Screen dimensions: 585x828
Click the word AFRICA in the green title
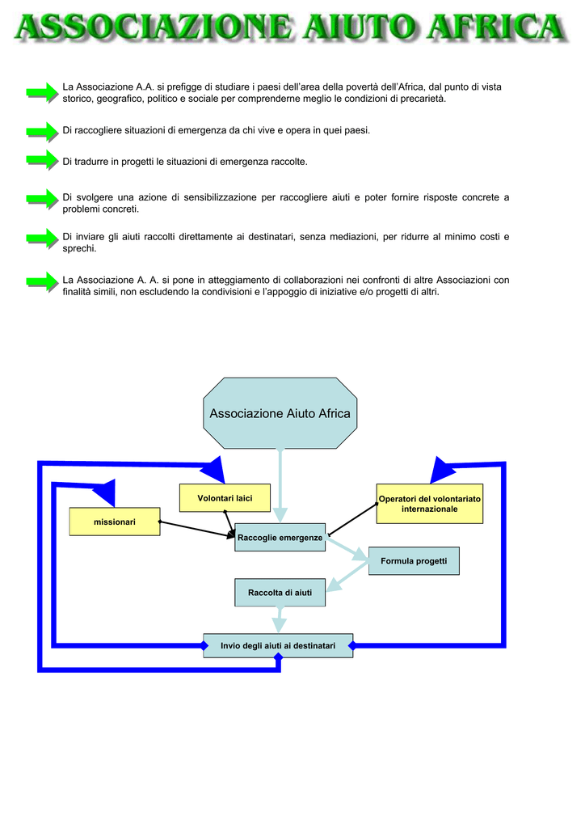click(x=497, y=27)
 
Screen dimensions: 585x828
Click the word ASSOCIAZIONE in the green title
click(x=154, y=27)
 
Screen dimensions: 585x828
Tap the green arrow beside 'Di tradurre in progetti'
click(x=42, y=160)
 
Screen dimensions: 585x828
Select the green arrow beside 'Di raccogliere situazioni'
click(x=42, y=132)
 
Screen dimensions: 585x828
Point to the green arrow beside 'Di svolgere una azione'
click(x=42, y=199)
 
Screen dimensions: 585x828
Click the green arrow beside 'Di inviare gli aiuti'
click(x=42, y=239)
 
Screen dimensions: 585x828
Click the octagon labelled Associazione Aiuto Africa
click(x=280, y=413)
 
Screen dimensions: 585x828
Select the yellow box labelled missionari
click(x=115, y=522)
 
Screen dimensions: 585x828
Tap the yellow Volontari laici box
click(x=225, y=498)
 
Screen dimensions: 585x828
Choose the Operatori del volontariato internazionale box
click(x=429, y=504)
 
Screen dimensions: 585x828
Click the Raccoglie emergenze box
click(x=280, y=538)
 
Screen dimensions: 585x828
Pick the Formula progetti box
click(x=414, y=561)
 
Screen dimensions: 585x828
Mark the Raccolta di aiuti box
click(x=280, y=593)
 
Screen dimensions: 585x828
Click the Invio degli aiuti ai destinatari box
click(x=278, y=646)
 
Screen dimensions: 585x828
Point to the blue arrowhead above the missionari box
click(x=106, y=492)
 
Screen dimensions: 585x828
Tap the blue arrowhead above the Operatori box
click(x=441, y=470)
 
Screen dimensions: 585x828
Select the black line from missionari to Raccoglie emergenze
click(x=197, y=530)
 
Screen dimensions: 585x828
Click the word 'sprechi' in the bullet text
click(x=79, y=249)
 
